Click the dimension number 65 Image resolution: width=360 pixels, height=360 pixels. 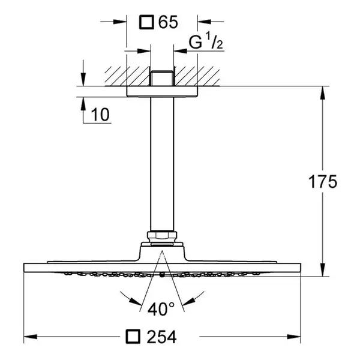tap(168, 22)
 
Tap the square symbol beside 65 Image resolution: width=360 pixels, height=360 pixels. tap(146, 22)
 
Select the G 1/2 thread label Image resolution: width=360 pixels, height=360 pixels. tap(206, 41)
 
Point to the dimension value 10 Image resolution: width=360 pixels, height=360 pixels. tap(100, 115)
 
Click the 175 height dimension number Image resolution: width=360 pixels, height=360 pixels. tap(322, 182)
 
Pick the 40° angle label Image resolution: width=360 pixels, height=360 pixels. tap(161, 309)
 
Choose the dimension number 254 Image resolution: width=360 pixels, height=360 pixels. tap(161, 337)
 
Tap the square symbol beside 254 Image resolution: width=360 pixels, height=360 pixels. tap(133, 337)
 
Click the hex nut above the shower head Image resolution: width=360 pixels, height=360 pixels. tap(162, 236)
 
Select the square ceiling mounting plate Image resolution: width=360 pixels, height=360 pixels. tap(162, 92)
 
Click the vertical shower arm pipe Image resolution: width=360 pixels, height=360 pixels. tap(162, 164)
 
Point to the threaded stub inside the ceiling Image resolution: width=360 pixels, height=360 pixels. tap(162, 79)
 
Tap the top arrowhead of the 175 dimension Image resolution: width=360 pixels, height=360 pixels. tap(323, 93)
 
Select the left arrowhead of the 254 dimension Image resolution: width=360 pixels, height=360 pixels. tap(31, 337)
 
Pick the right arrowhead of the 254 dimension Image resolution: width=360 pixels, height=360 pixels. tap(294, 337)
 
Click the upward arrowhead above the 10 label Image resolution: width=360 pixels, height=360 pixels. tap(83, 104)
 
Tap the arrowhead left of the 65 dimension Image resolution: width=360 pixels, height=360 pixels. tap(120, 22)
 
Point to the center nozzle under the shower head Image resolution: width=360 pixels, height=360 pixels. tap(162, 275)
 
